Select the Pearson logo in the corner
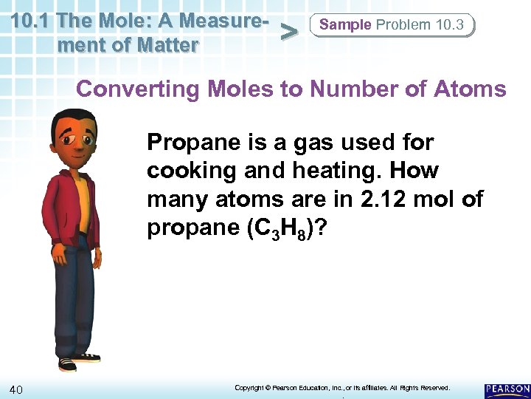point(507,389)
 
